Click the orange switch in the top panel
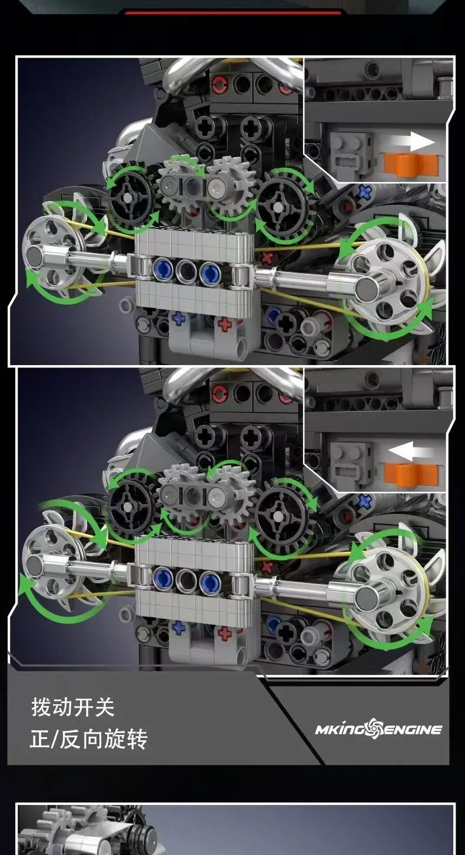coord(410,165)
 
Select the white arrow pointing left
coord(411,450)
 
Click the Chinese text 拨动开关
coord(73,707)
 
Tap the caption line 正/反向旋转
coord(88,740)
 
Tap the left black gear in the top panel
coord(131,197)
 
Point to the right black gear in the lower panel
coord(280,515)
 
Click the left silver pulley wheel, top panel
coord(54,252)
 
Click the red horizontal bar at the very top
coord(232,13)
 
